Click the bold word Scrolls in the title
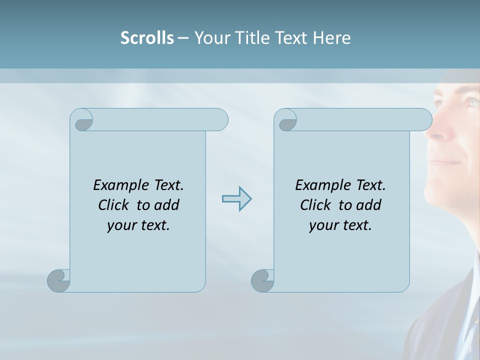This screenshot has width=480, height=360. (147, 38)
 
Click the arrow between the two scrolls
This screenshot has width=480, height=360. (236, 198)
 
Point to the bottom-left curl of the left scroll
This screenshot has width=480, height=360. (58, 280)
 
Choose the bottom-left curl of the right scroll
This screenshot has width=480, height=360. (262, 280)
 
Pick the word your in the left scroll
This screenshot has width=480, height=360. (120, 226)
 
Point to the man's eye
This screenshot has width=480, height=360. (471, 102)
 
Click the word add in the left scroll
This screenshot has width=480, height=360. (167, 205)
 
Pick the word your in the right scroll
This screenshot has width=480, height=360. (322, 226)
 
